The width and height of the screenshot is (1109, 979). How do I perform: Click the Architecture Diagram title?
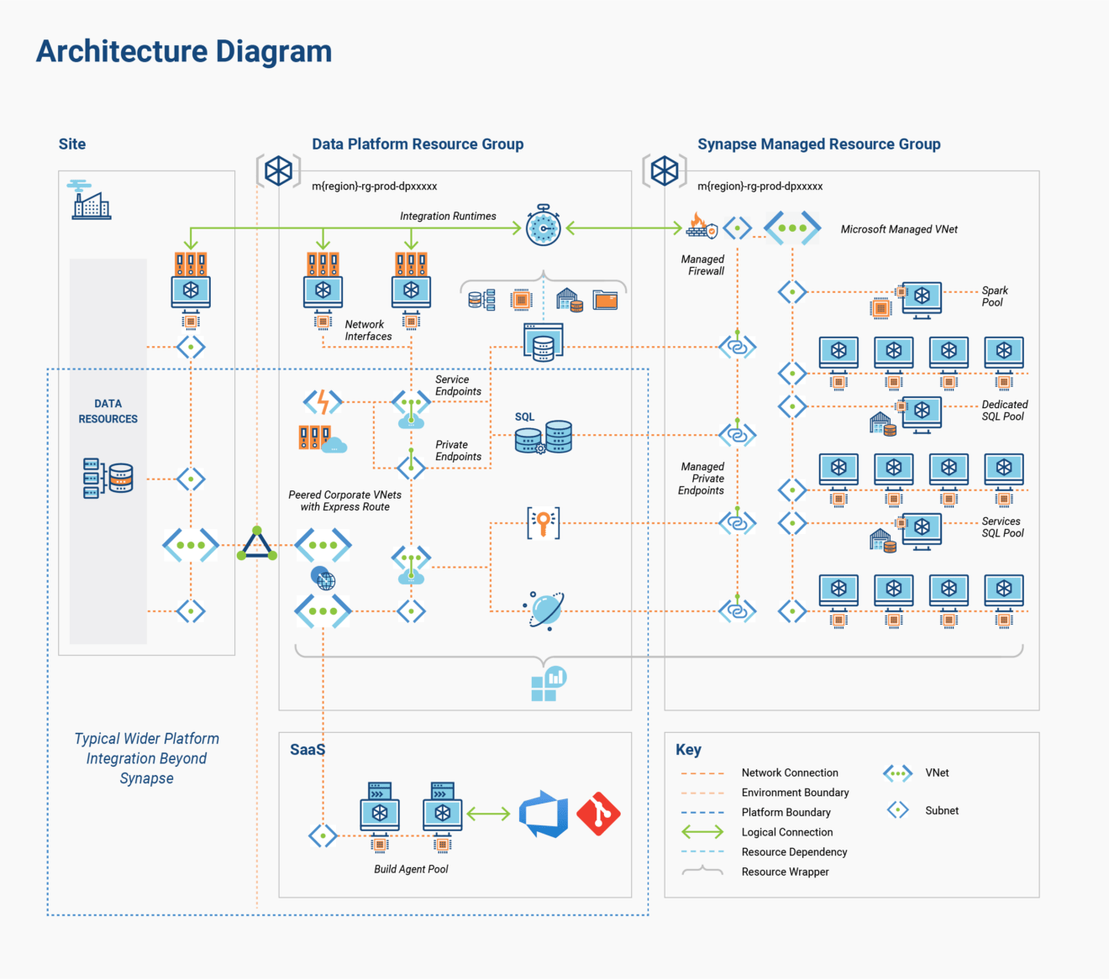tap(184, 51)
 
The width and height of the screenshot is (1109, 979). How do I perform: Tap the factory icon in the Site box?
tap(91, 201)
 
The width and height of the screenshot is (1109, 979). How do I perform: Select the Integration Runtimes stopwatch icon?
tap(543, 226)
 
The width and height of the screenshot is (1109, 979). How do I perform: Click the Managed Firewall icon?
tap(701, 226)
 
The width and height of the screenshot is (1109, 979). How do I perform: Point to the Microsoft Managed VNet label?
tap(898, 229)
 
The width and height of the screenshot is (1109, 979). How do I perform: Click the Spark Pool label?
tap(994, 296)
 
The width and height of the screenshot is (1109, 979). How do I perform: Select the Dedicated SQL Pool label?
tap(1004, 411)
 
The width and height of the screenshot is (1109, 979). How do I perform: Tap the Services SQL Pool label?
tap(1002, 527)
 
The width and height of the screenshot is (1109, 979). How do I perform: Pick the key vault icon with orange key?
tap(543, 522)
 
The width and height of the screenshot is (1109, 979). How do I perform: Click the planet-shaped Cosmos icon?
tap(545, 610)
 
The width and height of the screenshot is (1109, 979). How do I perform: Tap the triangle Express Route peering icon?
tap(256, 545)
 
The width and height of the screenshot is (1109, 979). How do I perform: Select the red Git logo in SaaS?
tap(598, 814)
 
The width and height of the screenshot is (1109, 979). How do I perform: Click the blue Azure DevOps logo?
tap(543, 814)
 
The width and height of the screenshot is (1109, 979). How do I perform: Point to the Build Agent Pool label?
tap(411, 869)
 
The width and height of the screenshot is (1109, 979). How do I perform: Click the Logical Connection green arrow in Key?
tap(702, 832)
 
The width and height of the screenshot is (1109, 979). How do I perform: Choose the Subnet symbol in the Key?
tap(897, 810)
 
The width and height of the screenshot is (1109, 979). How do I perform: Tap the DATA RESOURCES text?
tap(108, 411)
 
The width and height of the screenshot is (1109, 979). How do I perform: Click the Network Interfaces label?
tap(368, 330)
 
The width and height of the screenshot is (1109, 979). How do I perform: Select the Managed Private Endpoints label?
tap(702, 479)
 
